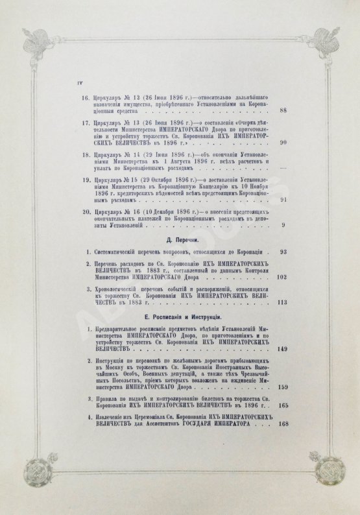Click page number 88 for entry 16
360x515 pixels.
pyautogui.click(x=319, y=110)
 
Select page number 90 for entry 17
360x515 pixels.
pyautogui.click(x=319, y=143)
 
